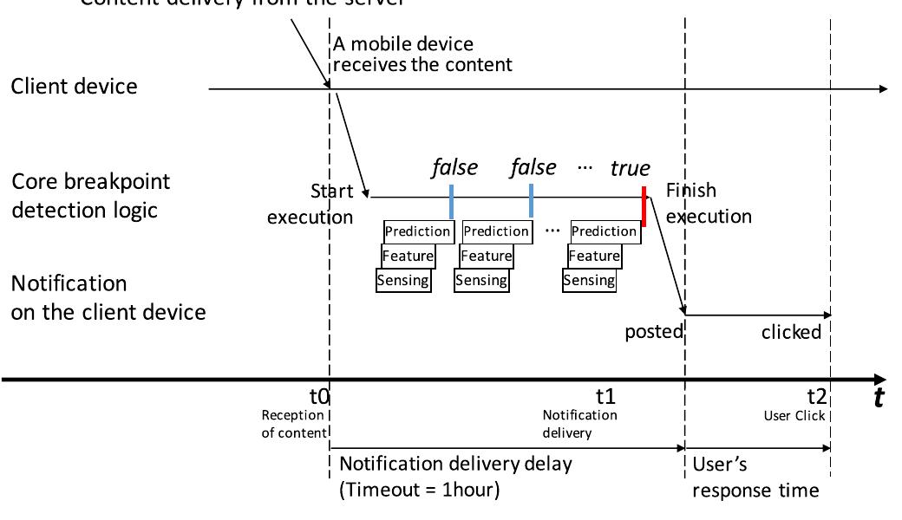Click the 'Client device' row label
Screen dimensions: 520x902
[x=74, y=87]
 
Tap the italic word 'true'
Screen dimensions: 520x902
[x=630, y=168]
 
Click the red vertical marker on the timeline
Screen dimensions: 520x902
[x=644, y=205]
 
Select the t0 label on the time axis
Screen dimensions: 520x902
[x=320, y=397]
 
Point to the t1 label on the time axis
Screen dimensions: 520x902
[x=605, y=397]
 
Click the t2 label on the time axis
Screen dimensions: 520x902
[x=817, y=397]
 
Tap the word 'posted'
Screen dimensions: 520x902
[x=654, y=332]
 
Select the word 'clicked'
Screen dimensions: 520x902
[x=791, y=332]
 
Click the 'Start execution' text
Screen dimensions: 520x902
[x=310, y=204]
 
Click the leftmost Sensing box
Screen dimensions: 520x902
[x=403, y=280]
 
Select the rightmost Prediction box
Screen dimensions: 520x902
[x=604, y=231]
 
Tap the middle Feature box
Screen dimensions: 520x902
[x=487, y=256]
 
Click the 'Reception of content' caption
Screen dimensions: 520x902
[x=293, y=424]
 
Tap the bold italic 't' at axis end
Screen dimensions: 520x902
[x=879, y=397]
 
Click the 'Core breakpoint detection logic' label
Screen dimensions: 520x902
[x=90, y=196]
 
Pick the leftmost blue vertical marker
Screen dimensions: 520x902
[x=451, y=201]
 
